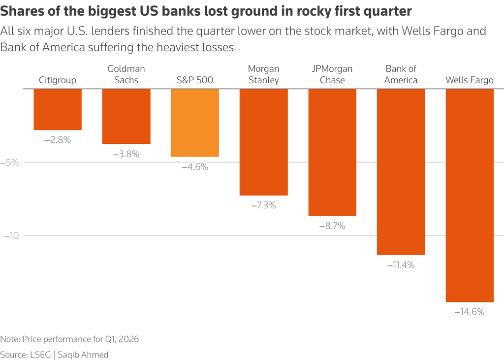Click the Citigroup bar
coord(58,109)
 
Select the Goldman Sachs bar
coord(126,116)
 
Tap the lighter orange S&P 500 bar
coord(195,123)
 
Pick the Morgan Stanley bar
coord(263,142)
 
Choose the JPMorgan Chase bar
coord(332,152)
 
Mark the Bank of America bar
coord(401,172)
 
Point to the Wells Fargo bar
coord(470,196)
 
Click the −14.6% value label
coord(470,312)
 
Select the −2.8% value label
coord(58,140)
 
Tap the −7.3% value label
coord(263,205)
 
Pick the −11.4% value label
coord(401,265)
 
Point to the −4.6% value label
coord(195,167)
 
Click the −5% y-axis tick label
coord(11,162)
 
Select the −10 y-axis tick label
coord(11,235)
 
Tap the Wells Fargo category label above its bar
coord(470,80)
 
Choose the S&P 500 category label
coord(195,80)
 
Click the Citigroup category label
coord(58,80)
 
